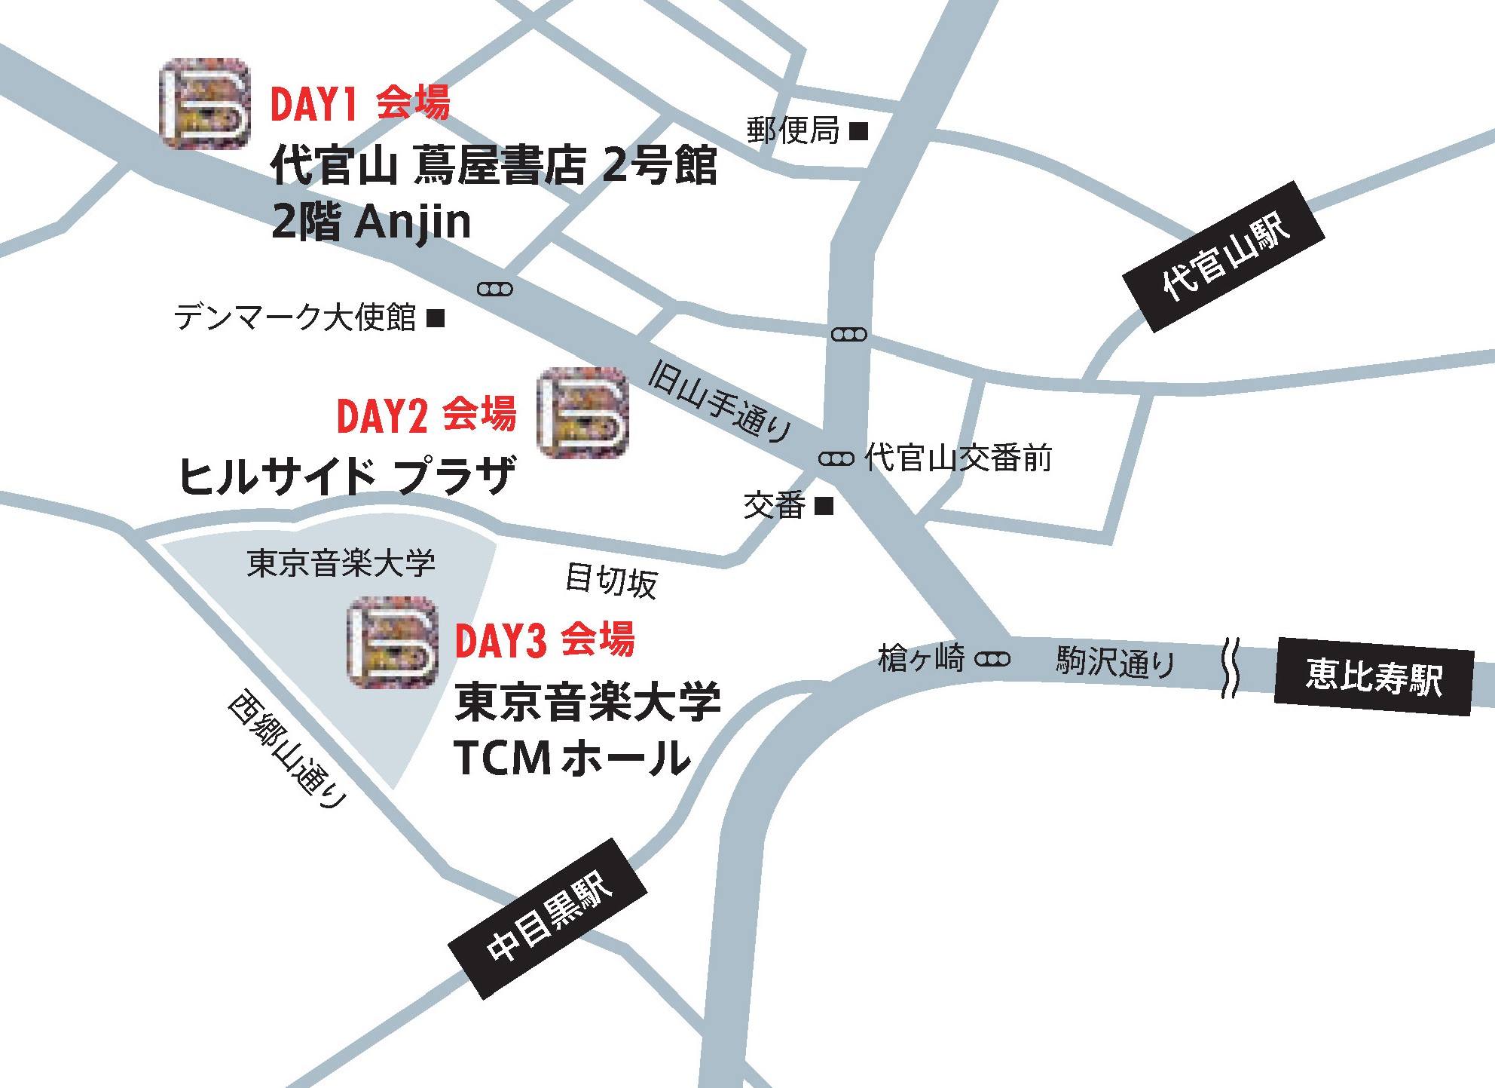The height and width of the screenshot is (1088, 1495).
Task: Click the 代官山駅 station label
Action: click(x=1224, y=256)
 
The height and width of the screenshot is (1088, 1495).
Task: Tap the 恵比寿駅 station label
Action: click(x=1374, y=676)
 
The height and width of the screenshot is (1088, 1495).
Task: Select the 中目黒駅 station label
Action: click(x=548, y=918)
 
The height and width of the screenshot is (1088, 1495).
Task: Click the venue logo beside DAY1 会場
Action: click(x=205, y=103)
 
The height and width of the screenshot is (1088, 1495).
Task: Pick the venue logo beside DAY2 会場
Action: click(x=582, y=412)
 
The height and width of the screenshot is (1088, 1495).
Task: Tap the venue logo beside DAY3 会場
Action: click(x=393, y=642)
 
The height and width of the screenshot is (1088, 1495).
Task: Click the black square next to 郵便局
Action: click(x=858, y=131)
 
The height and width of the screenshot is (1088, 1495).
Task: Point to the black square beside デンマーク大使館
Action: click(x=436, y=318)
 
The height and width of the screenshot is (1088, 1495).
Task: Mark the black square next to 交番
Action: click(x=824, y=505)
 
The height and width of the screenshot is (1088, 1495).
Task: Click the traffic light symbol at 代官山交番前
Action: click(x=836, y=458)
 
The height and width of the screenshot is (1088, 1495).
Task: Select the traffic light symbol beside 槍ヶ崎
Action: click(x=992, y=660)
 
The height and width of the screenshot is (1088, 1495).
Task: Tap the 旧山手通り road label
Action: click(x=720, y=402)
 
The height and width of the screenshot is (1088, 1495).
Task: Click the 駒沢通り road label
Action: click(x=1115, y=662)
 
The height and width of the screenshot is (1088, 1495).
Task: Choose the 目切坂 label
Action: click(x=611, y=581)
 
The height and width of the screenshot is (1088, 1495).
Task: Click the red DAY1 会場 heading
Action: click(x=360, y=103)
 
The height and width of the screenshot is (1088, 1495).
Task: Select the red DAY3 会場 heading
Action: click(x=545, y=640)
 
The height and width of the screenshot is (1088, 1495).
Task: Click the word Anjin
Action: click(x=413, y=222)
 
